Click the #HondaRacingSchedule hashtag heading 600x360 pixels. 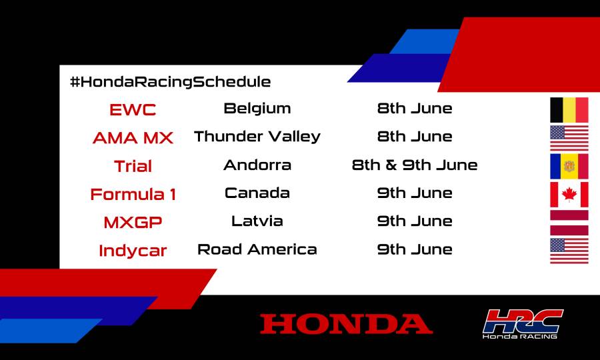tap(170, 82)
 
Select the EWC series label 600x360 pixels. tap(133, 109)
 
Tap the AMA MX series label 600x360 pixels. tap(133, 138)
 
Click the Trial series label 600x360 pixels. tap(133, 166)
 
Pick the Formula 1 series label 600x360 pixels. tap(133, 195)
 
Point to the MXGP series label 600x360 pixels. tap(133, 223)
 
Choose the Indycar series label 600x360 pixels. tap(133, 251)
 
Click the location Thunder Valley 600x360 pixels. tap(257, 137)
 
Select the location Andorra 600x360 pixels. tap(257, 165)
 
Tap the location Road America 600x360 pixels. tap(257, 249)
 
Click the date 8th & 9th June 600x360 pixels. tap(415, 165)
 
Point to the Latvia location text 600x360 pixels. tap(257, 221)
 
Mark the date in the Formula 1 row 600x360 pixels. tap(415, 193)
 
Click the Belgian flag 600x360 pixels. tap(569, 110)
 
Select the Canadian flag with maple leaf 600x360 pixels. tap(569, 195)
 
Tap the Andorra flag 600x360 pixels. tap(569, 166)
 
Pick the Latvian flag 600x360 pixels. tap(569, 223)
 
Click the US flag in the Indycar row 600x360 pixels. tap(569, 251)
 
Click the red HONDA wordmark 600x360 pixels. tap(346, 324)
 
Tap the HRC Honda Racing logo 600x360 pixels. tap(523, 323)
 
